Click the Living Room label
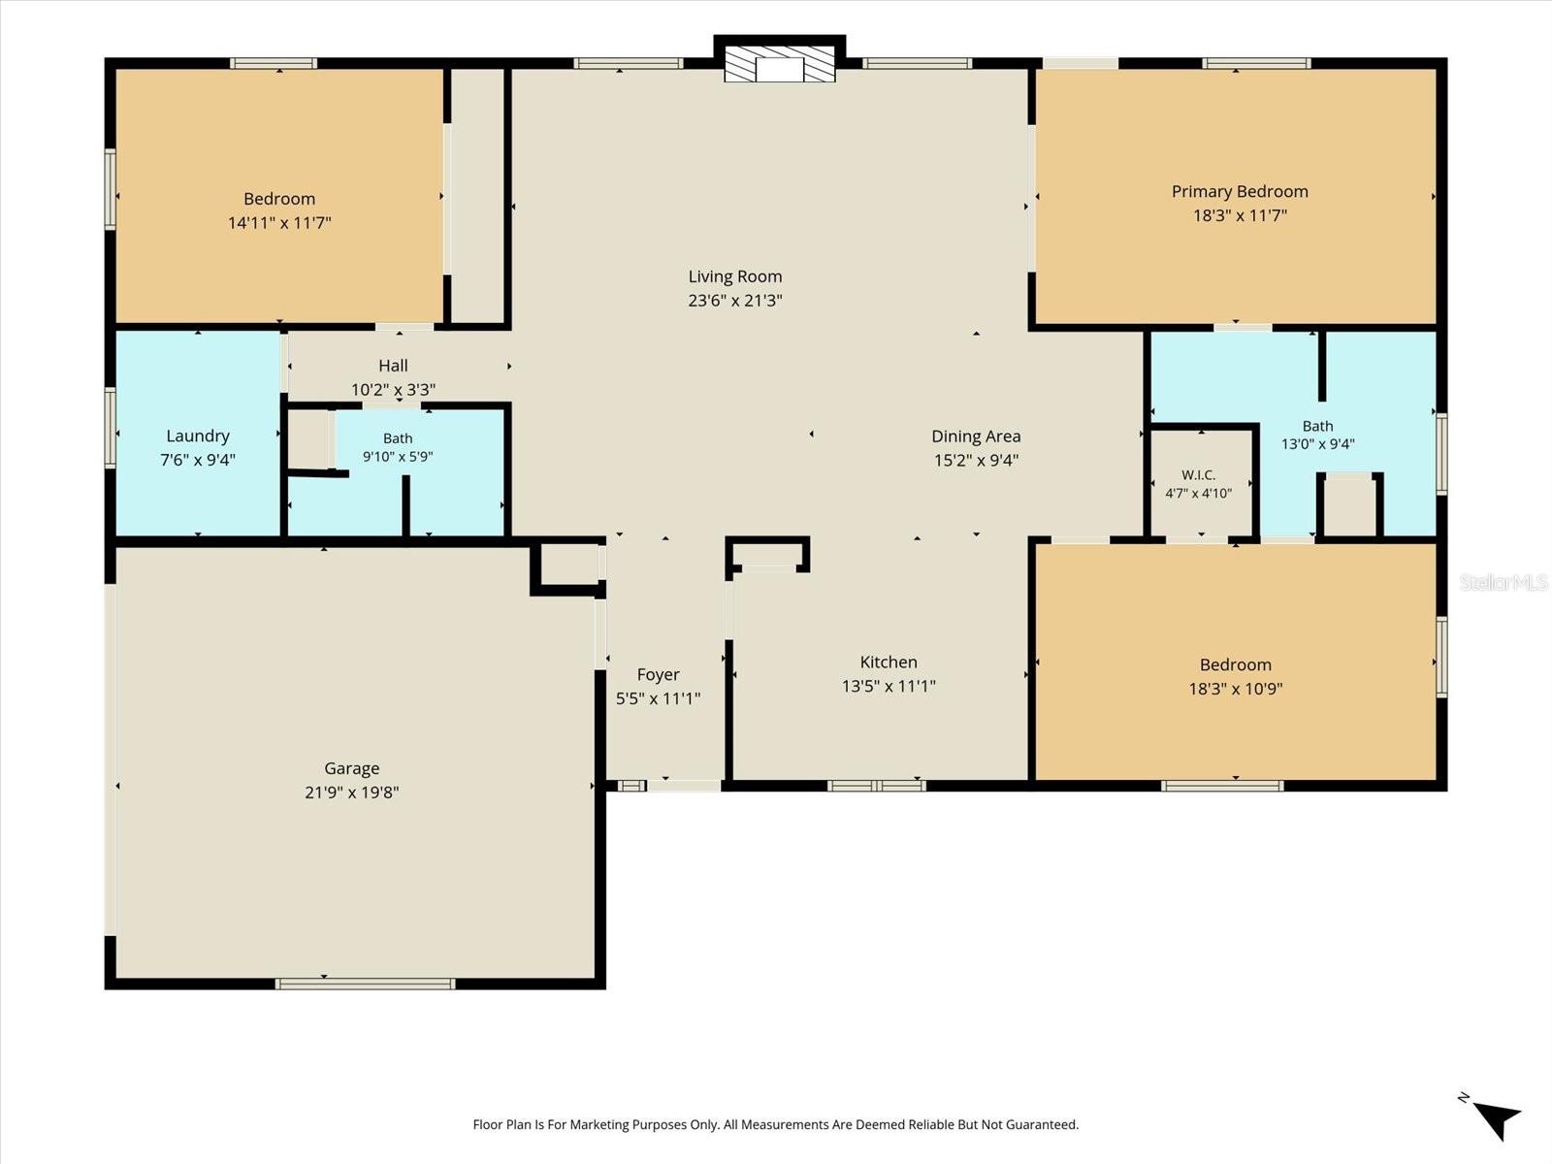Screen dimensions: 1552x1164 click(x=735, y=276)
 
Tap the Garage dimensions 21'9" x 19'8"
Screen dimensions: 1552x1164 click(x=352, y=792)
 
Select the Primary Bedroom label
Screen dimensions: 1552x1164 click(x=1240, y=191)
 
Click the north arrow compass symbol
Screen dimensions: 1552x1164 click(x=1493, y=1118)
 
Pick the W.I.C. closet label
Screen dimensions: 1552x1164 click(x=1199, y=475)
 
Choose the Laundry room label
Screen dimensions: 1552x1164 click(x=198, y=436)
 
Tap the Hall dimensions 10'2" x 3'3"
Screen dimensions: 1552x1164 click(x=393, y=389)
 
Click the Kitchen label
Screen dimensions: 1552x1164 click(x=889, y=663)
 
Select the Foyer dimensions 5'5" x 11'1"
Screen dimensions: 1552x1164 click(x=659, y=699)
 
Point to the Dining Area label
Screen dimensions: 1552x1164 click(x=976, y=436)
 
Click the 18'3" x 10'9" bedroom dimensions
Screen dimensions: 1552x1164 click(x=1235, y=689)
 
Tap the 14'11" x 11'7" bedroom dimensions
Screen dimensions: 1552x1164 click(x=279, y=223)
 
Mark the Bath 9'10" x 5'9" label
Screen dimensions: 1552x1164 click(x=398, y=447)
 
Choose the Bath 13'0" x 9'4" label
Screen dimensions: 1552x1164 click(x=1318, y=436)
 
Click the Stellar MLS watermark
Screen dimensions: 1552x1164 click(x=1503, y=583)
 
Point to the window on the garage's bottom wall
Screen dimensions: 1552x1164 click(x=365, y=984)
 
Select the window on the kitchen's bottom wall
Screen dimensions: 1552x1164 click(x=877, y=785)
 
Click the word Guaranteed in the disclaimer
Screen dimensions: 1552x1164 click(x=1042, y=1124)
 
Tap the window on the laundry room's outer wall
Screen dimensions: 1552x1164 click(x=111, y=427)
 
